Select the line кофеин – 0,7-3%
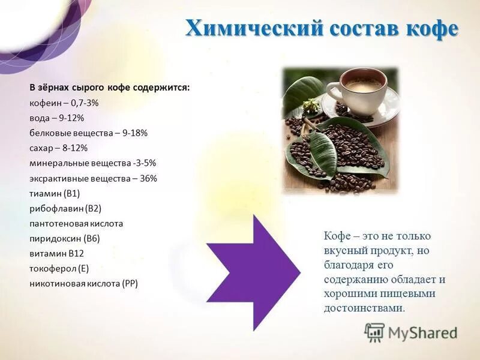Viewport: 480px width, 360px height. [64, 103]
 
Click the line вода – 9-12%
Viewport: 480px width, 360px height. [56, 118]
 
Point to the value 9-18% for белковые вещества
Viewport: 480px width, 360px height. [134, 133]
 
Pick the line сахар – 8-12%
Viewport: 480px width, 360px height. [58, 148]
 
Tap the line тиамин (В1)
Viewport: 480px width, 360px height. [55, 193]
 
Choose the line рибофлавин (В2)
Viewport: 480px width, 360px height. [65, 208]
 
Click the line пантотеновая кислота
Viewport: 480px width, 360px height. [76, 223]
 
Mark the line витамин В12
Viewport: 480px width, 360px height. [56, 253]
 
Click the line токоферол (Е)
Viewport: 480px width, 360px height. [59, 268]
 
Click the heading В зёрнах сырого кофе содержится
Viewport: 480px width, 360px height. [110, 88]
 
